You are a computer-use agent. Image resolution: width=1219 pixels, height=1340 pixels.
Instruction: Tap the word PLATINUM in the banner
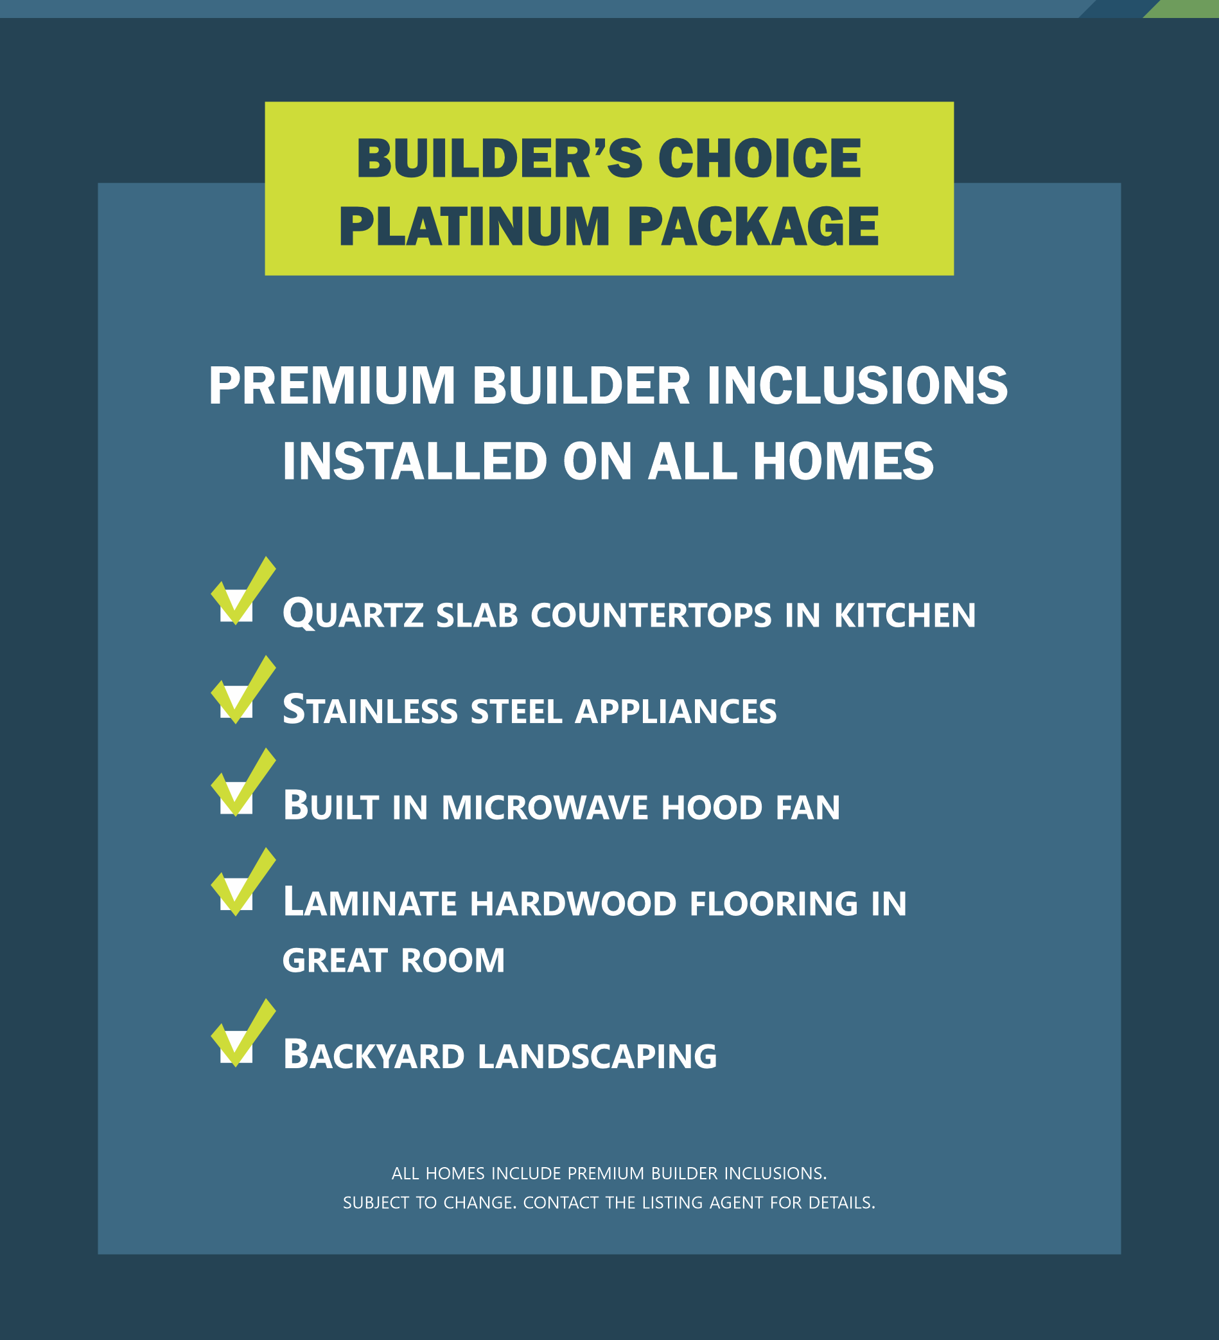(475, 226)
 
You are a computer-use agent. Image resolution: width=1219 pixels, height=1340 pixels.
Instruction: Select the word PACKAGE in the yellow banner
(753, 226)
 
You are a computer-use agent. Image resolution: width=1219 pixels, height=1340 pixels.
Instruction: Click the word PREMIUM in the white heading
(332, 386)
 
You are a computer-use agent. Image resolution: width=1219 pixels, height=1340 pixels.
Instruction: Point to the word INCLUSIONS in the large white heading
(857, 386)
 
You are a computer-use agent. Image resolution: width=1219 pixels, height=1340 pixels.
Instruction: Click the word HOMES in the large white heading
(843, 461)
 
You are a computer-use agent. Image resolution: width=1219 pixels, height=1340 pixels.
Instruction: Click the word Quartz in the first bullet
(353, 614)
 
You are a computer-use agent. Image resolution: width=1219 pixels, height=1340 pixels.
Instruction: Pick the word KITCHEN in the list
(905, 615)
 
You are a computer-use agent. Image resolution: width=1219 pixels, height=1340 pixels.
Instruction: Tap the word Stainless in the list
(370, 710)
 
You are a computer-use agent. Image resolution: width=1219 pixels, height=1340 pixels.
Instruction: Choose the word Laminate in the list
(370, 902)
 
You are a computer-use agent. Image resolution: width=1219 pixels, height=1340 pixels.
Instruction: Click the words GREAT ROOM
(394, 960)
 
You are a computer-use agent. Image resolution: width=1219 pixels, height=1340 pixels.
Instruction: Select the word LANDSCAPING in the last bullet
(597, 1056)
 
